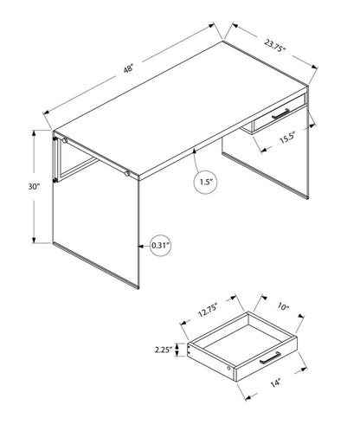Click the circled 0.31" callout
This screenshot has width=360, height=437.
160,245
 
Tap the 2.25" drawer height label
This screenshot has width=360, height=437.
160,350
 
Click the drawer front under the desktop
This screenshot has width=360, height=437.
278,119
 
